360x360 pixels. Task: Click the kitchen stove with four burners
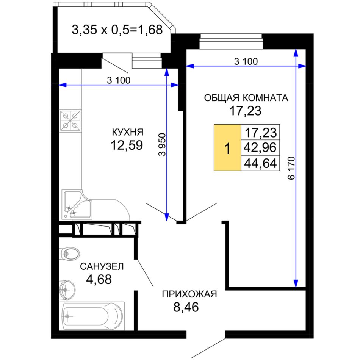71,121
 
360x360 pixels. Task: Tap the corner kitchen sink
77,204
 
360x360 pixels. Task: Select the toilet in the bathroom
69,254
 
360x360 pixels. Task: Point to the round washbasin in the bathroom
67,290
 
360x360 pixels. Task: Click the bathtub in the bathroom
92,316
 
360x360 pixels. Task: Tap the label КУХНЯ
128,132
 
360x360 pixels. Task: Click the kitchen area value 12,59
127,145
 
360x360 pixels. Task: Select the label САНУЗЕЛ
102,266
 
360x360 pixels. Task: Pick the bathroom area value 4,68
99,279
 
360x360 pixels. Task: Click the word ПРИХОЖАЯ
189,294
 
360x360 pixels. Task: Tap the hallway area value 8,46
186,307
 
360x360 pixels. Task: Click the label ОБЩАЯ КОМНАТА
246,98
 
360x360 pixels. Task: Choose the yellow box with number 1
227,148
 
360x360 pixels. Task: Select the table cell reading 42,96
260,147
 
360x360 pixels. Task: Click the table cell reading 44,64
260,163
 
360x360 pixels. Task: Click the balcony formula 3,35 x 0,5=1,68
117,30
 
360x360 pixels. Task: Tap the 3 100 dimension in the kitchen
119,80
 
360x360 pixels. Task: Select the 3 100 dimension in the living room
246,61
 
